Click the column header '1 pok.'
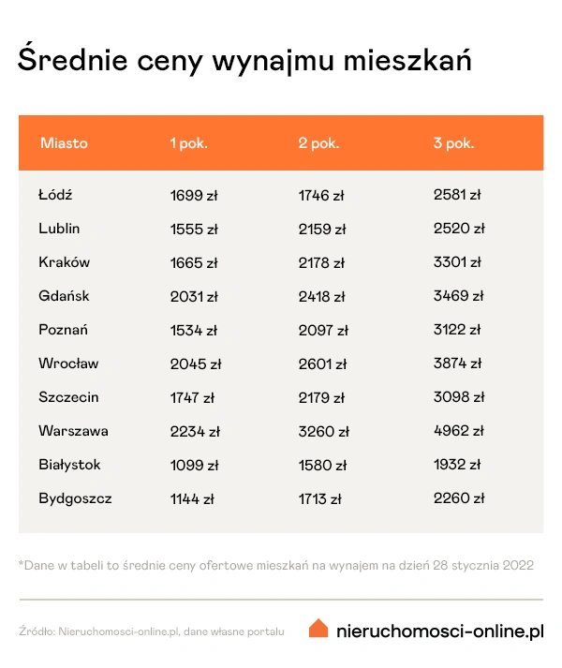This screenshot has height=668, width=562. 188,143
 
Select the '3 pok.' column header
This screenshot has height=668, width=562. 453,143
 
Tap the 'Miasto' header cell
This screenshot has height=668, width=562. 64,143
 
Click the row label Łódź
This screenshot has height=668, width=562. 55,195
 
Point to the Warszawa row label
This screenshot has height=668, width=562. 73,431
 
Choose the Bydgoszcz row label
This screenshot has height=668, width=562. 75,498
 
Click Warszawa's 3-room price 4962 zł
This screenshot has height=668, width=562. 459,431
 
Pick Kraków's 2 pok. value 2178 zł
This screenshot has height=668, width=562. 321,262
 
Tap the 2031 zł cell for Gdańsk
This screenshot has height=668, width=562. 194,296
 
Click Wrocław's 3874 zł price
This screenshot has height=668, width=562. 459,364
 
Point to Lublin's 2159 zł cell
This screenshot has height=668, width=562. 322,229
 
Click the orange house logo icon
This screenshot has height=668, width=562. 318,629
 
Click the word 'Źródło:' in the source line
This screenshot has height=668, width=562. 36,631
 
